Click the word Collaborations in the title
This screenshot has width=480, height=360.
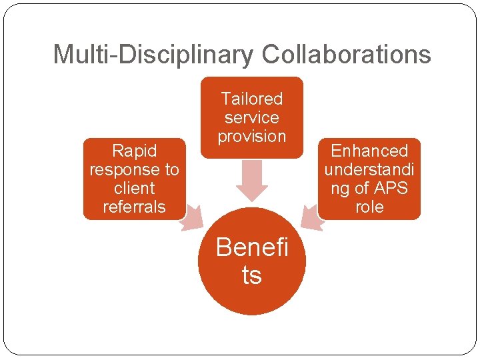tap(346, 55)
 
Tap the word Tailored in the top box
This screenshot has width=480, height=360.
tap(251, 99)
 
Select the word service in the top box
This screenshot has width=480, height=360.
tap(251, 118)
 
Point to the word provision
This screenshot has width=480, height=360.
tap(251, 137)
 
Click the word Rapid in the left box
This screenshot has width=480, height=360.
tap(134, 151)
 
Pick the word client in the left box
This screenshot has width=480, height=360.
tap(134, 188)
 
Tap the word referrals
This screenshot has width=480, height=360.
tap(134, 207)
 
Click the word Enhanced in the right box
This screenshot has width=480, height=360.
tap(369, 151)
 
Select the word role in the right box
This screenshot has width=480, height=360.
tap(369, 207)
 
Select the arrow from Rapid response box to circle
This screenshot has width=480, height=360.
tap(192, 217)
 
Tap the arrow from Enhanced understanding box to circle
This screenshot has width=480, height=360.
tap(311, 217)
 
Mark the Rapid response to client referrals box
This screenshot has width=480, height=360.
tap(134, 179)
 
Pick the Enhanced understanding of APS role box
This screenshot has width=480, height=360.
tap(369, 179)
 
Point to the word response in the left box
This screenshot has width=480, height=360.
tap(134, 169)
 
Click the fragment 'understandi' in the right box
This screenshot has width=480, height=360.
tap(369, 169)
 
